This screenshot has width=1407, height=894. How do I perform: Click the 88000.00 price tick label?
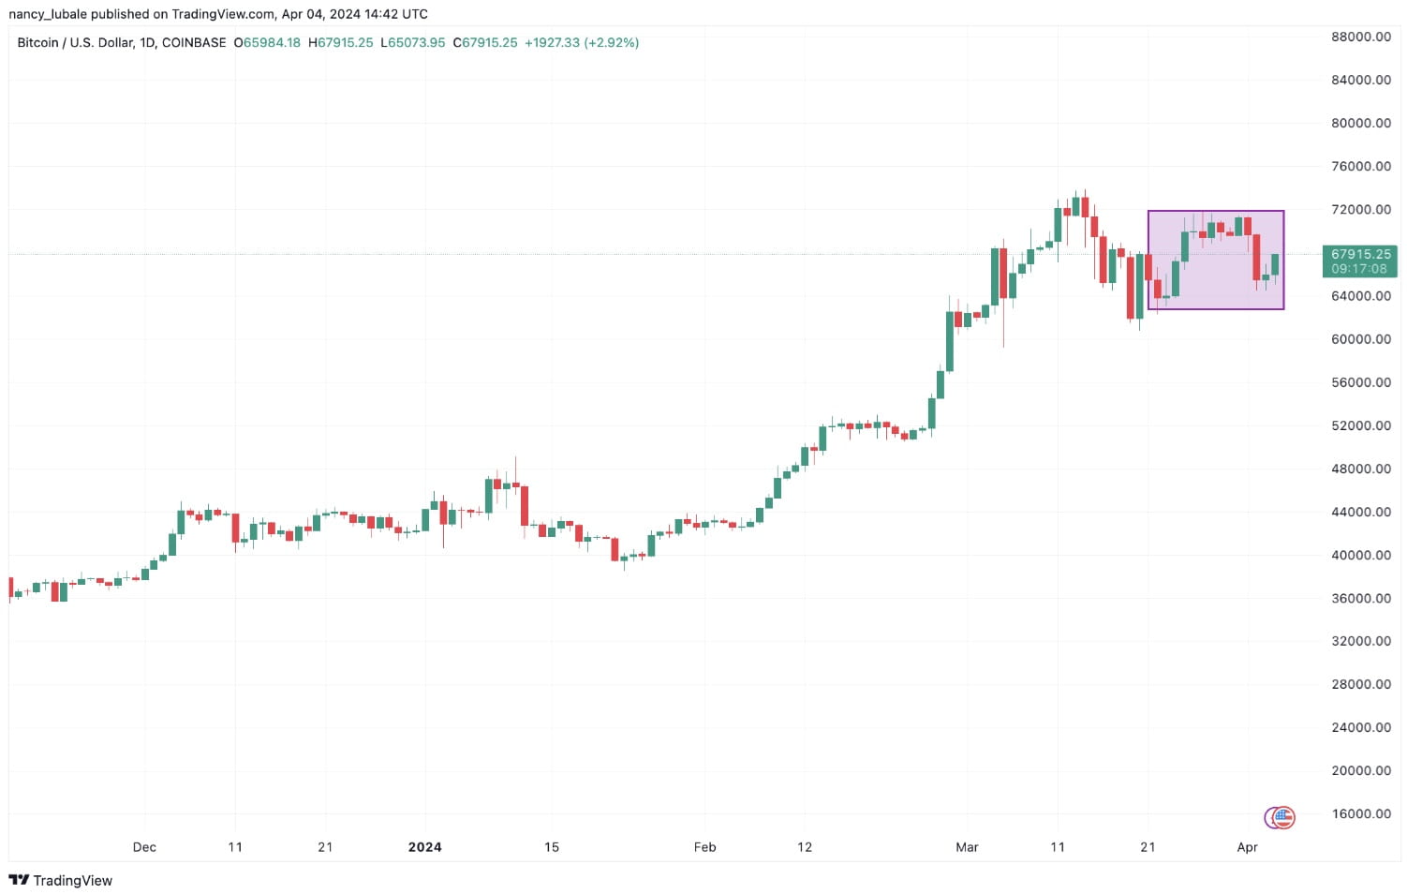tap(1360, 37)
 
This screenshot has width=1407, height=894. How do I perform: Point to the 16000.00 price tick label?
tap(1360, 813)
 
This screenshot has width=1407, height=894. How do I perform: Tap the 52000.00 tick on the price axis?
tap(1360, 425)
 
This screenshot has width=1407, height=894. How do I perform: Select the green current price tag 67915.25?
tap(1360, 254)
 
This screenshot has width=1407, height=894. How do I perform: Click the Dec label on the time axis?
tap(144, 847)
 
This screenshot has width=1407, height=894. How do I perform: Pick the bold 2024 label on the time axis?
tap(424, 847)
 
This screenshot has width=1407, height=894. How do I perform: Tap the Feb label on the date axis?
tap(704, 847)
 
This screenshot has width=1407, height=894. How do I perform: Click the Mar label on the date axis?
tap(967, 847)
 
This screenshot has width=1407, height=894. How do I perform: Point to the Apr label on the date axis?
tap(1247, 847)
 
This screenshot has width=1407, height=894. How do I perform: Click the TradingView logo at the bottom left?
tap(60, 880)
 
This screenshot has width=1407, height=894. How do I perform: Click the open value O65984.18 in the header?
tap(267, 43)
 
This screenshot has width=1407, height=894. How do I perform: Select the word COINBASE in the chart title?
tap(194, 43)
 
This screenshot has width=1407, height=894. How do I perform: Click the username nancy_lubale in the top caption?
tap(48, 14)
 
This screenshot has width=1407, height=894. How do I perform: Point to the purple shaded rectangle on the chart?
tap(1215, 260)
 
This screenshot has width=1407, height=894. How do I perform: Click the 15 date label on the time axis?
tap(552, 847)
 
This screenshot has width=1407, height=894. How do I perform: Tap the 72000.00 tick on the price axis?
tap(1360, 209)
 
